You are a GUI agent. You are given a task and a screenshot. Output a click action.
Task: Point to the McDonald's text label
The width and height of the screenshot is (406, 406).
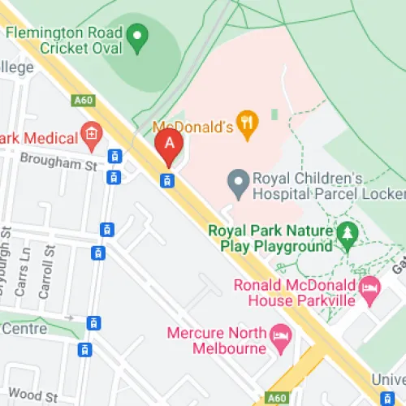[193, 127]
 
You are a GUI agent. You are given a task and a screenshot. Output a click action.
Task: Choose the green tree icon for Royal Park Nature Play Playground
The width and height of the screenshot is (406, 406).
[347, 235]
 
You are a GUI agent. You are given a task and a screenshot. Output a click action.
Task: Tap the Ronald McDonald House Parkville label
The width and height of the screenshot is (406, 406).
[295, 292]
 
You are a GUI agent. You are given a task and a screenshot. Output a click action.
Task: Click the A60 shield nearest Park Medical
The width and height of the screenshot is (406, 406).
[83, 101]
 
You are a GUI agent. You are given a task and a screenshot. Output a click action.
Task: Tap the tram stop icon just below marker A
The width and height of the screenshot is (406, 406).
[167, 180]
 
